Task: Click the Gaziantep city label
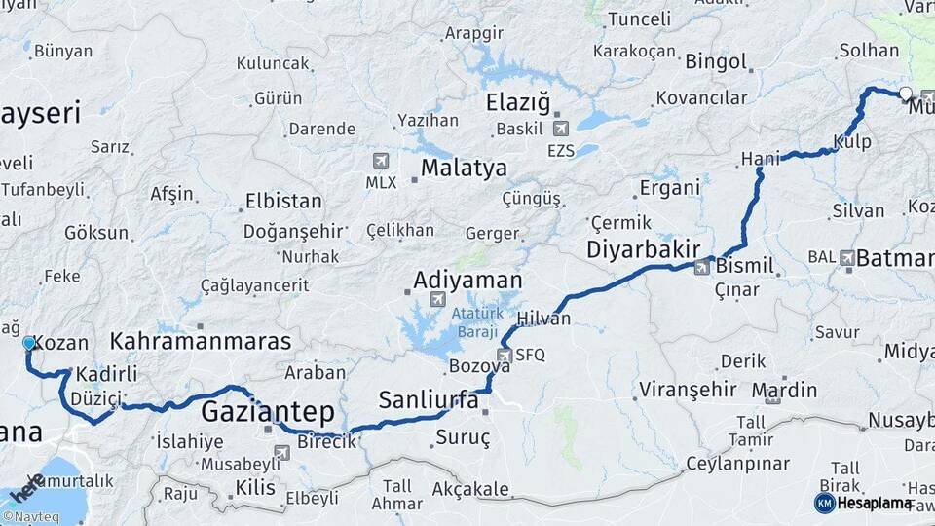pos(267,412)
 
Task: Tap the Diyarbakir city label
pos(644,250)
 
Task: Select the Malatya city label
pos(464,169)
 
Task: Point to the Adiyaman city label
pos(467,281)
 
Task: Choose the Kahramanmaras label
pos(201,342)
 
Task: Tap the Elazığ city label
pos(519,103)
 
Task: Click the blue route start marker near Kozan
pos(29,343)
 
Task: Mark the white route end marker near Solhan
pos(906,94)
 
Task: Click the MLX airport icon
pos(380,161)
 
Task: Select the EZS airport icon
pos(560,129)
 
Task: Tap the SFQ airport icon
pos(505,356)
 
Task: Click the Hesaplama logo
pos(865,503)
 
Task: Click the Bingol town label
pos(716,62)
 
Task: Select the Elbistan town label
pos(283,202)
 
